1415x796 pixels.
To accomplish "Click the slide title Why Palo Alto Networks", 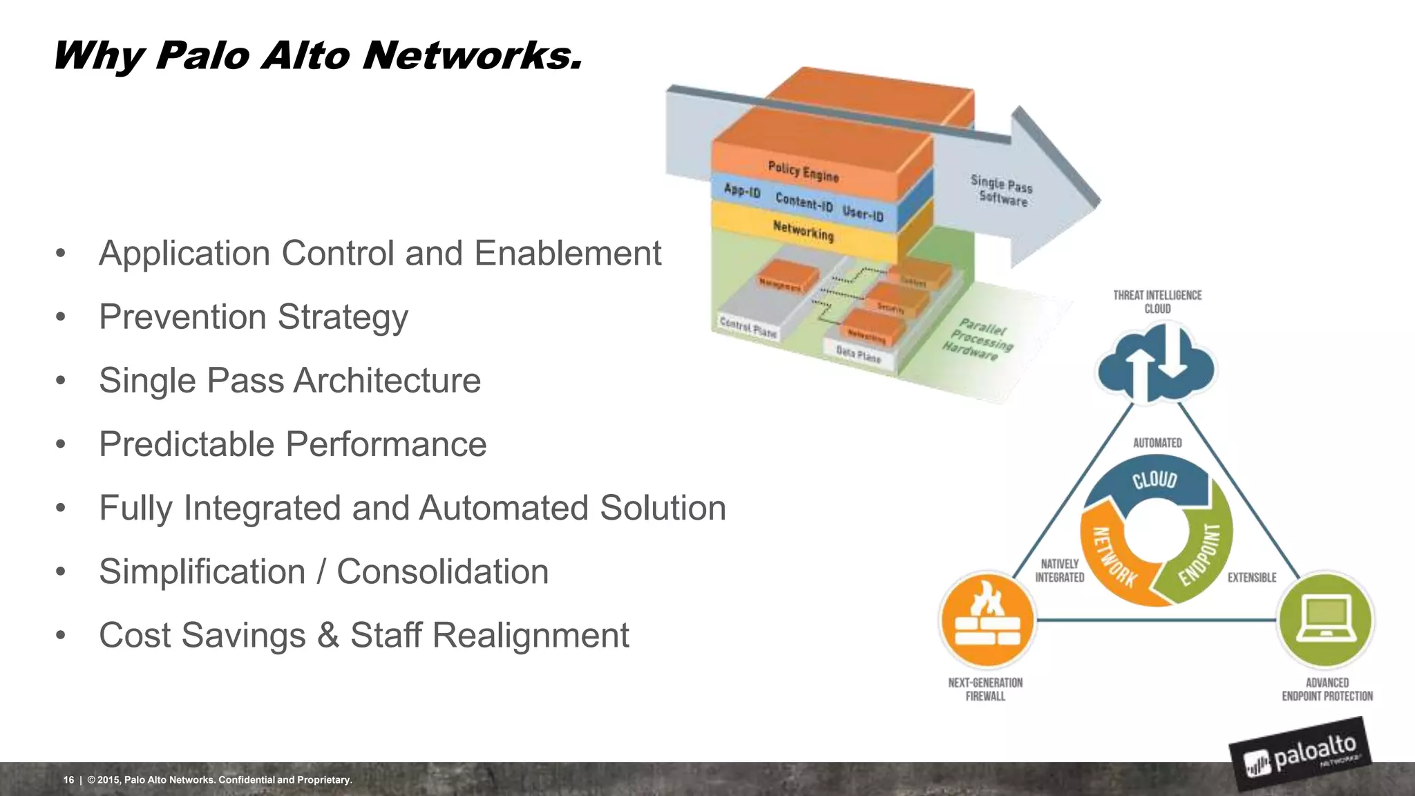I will coord(318,55).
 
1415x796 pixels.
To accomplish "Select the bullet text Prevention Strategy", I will coord(253,317).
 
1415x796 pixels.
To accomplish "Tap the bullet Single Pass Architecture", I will coord(289,381).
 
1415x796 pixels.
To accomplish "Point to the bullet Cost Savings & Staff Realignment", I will coord(363,636).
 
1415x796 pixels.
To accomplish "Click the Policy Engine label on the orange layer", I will coord(803,171).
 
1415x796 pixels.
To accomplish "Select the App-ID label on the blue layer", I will coord(742,190).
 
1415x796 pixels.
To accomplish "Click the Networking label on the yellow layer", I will coord(803,231).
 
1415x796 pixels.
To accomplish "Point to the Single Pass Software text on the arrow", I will coord(1002,191).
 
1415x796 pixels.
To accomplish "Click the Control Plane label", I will coord(748,328).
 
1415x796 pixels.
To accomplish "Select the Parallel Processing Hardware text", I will coord(978,339).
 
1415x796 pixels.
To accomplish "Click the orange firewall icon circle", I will coord(987,619).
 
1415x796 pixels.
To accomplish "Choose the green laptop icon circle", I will coord(1325,619).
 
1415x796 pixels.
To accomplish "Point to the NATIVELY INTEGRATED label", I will coord(1059,571).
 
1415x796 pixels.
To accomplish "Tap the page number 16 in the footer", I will coord(68,779).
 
